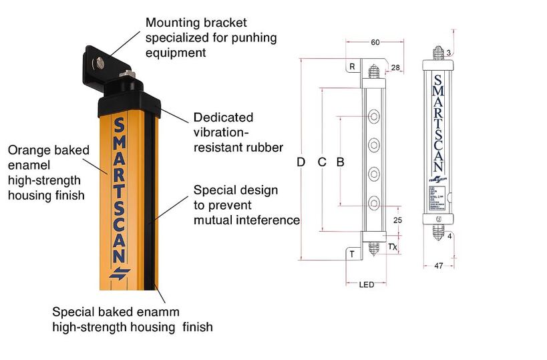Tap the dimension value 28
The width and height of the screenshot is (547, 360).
click(395, 68)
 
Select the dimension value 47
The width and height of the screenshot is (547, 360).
click(438, 266)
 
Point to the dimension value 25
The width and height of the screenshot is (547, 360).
click(397, 220)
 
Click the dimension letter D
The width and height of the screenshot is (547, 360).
click(301, 162)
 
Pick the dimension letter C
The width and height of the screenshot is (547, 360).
click(321, 162)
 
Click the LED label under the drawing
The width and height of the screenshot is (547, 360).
click(367, 285)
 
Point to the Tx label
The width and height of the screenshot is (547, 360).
click(393, 247)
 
